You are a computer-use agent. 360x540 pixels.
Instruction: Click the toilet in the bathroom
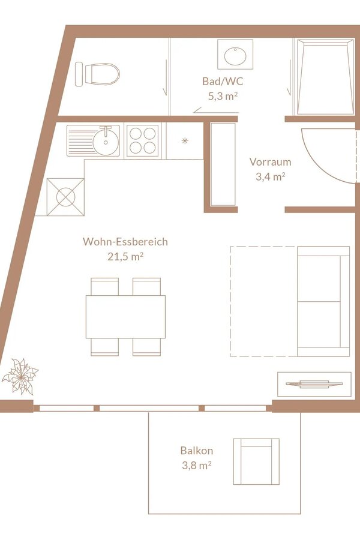97,74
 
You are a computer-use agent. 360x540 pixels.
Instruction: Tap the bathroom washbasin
235,55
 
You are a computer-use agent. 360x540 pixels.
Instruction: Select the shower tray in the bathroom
326,76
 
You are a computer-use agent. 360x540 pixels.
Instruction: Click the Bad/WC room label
223,81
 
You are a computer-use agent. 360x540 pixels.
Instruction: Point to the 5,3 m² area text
223,96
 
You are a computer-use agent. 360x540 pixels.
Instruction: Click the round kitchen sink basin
106,141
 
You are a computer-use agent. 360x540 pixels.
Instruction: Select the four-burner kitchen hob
143,140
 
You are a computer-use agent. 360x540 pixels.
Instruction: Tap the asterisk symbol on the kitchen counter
185,140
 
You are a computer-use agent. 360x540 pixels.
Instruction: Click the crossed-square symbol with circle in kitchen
65,197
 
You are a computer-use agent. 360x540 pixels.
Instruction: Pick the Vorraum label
270,162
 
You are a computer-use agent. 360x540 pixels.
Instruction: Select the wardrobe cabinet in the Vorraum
223,164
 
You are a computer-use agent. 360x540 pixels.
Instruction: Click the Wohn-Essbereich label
125,242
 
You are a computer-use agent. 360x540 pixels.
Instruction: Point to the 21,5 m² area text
125,257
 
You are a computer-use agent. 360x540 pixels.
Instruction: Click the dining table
125,316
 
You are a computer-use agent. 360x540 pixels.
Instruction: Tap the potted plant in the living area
20,376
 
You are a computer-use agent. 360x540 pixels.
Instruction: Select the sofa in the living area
323,301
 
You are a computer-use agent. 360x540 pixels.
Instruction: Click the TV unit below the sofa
314,384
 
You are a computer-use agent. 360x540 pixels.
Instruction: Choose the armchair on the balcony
256,461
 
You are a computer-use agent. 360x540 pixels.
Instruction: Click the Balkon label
197,451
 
